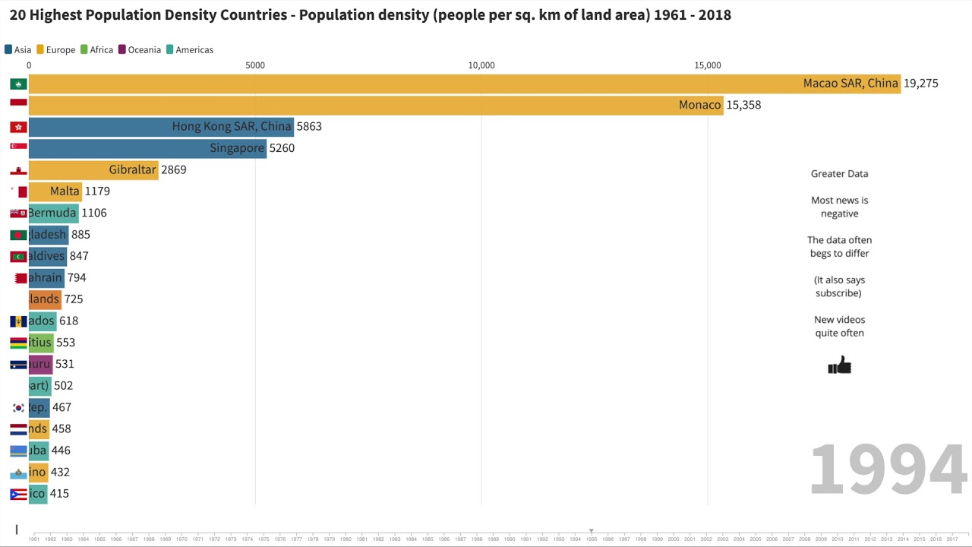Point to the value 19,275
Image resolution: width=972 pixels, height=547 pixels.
click(920, 84)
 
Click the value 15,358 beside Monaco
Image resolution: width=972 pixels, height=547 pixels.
click(743, 105)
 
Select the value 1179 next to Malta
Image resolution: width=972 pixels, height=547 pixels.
click(97, 191)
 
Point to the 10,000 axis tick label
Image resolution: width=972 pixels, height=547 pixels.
click(481, 65)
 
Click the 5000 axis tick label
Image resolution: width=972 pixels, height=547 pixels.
click(255, 65)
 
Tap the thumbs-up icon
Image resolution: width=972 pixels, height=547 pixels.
click(839, 366)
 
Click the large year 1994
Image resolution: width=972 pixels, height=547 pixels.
click(888, 470)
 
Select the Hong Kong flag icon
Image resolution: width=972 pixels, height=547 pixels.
click(18, 127)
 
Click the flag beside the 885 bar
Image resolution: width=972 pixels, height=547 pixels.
click(18, 235)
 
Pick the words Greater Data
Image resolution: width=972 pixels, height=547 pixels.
click(839, 174)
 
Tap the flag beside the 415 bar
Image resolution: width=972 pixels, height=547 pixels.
click(18, 494)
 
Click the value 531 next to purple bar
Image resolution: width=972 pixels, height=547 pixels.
click(65, 364)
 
